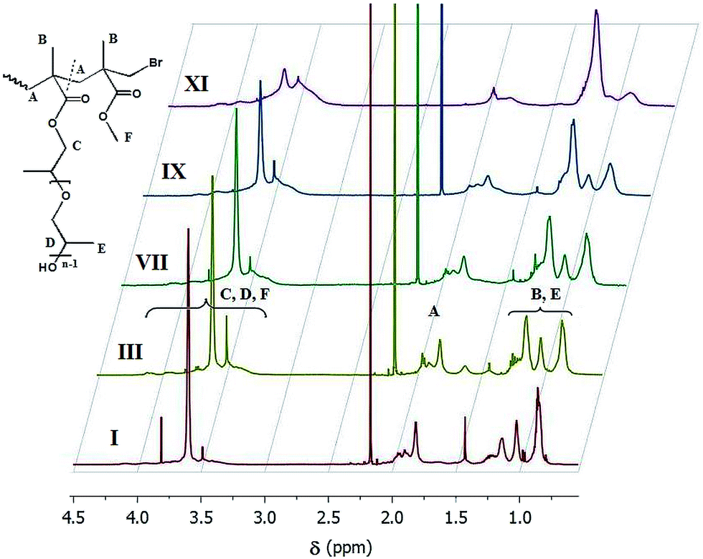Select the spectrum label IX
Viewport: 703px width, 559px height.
click(174, 173)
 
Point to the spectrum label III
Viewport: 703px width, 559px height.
click(131, 352)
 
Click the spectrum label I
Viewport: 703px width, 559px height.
click(113, 436)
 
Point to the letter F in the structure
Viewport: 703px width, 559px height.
click(128, 138)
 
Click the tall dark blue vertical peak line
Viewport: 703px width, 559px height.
click(441, 93)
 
